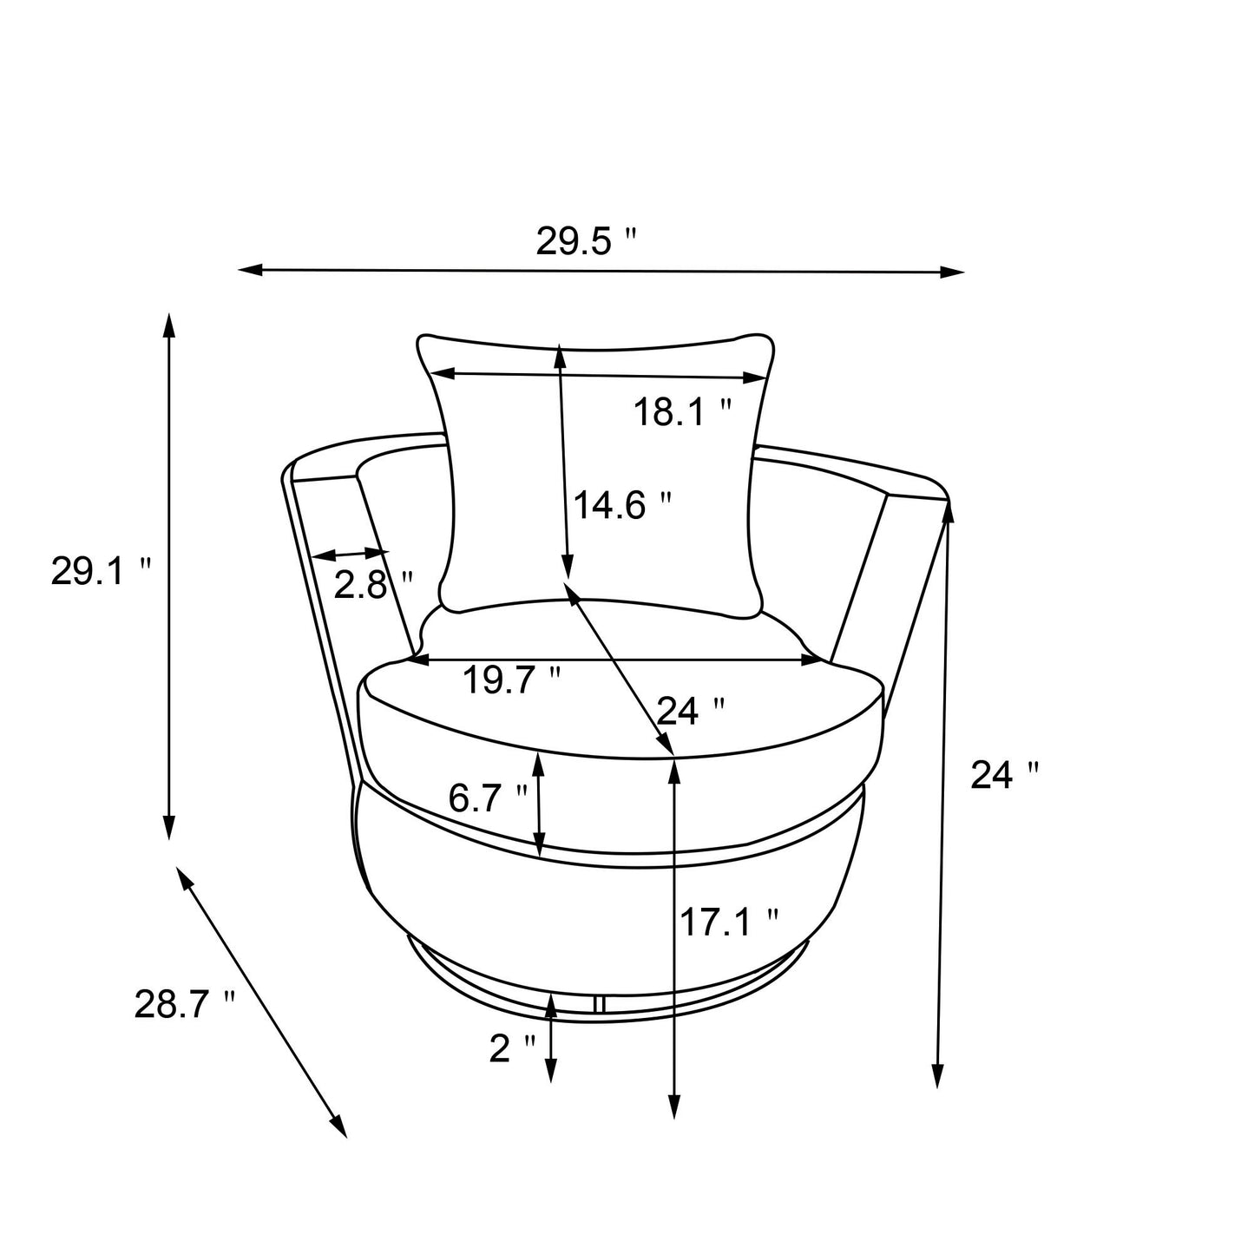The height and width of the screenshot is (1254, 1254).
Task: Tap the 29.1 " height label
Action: click(101, 571)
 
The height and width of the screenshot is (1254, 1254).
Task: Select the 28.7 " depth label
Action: click(185, 1005)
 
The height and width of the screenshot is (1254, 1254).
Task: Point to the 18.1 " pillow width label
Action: click(682, 411)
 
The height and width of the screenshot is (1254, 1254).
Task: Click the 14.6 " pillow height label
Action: click(622, 504)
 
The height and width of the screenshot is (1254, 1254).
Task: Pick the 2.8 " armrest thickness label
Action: click(373, 587)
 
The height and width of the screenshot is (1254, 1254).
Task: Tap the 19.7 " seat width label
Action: click(511, 681)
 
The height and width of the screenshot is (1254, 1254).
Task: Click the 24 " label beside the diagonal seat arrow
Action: click(690, 711)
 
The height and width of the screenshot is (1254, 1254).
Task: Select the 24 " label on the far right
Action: click(1003, 775)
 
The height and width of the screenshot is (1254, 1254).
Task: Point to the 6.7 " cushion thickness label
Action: click(488, 798)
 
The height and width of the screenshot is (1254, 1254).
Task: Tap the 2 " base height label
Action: click(512, 1049)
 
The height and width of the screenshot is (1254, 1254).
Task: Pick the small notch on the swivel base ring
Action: click(598, 1003)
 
